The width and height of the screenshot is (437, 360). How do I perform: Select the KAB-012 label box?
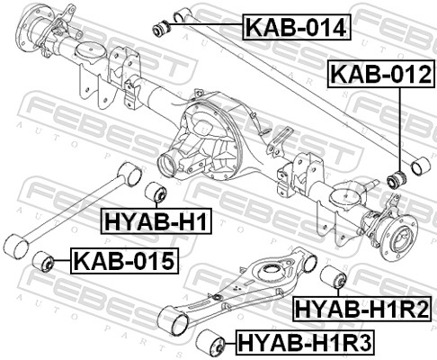[x=379, y=74]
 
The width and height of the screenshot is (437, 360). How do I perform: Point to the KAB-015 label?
[x=125, y=263]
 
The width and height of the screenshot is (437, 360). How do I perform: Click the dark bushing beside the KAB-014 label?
[x=163, y=25]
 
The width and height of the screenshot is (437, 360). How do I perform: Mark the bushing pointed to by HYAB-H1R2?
[x=333, y=278]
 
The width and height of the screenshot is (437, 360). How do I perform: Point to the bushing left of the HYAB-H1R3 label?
[x=215, y=342]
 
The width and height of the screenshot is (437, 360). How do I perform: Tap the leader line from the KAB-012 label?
[x=397, y=126]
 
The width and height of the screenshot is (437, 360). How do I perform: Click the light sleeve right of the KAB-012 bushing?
[x=418, y=166]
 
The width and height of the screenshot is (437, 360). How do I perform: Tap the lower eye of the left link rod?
[x=15, y=246]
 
